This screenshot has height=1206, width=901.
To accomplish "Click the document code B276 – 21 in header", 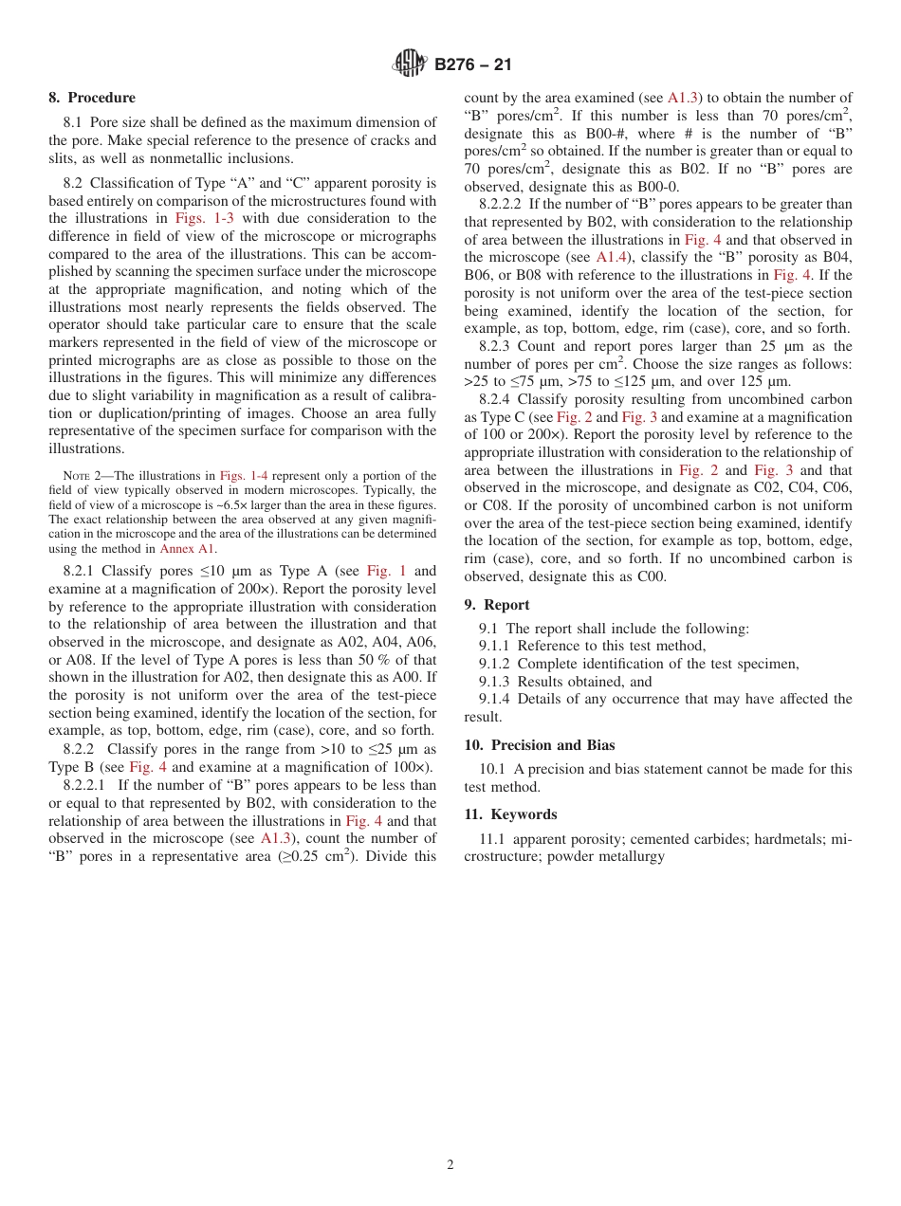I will [x=472, y=65].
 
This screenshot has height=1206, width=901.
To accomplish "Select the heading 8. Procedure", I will [x=92, y=98].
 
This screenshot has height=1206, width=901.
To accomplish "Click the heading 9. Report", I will [x=497, y=605].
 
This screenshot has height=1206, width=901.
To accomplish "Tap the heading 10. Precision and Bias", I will [x=540, y=745].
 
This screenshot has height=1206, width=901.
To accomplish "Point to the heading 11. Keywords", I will [x=510, y=814].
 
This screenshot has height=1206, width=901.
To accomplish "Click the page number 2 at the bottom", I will [x=450, y=1165].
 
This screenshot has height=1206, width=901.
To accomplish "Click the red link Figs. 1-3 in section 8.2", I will [x=200, y=218].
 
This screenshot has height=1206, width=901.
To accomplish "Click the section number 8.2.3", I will [x=497, y=346].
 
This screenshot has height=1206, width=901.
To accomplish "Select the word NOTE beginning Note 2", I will [x=76, y=476].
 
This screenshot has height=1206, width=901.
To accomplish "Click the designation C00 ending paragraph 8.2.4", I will [x=651, y=576].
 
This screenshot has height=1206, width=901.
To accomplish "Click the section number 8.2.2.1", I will [x=87, y=785].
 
